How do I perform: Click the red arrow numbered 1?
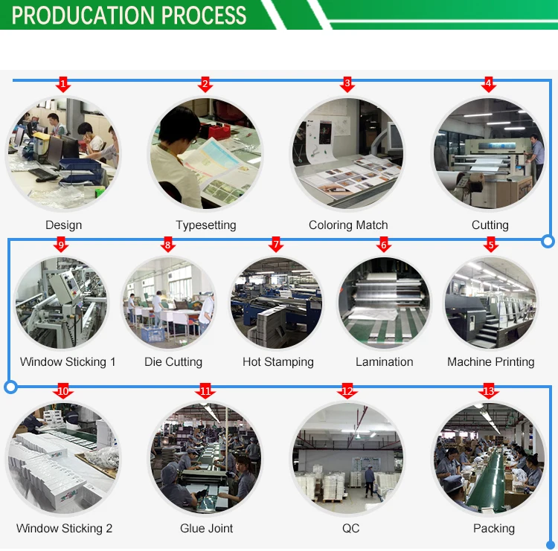(x=63, y=84)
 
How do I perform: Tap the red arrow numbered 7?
(x=276, y=245)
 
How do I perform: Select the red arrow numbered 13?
(x=488, y=392)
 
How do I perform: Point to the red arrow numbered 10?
(x=63, y=392)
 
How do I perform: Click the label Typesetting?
(x=206, y=225)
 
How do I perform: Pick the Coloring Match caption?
(x=348, y=225)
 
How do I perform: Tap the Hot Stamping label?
(x=278, y=362)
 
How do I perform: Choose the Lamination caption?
(x=384, y=362)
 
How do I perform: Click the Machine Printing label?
(x=490, y=362)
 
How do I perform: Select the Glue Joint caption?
(x=206, y=529)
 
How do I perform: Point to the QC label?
(x=350, y=529)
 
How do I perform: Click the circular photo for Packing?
(x=489, y=458)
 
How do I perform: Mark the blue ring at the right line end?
(x=548, y=240)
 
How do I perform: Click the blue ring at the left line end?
(x=10, y=387)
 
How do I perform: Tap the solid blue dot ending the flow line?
(x=551, y=544)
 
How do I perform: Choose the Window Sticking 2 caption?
(x=64, y=529)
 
